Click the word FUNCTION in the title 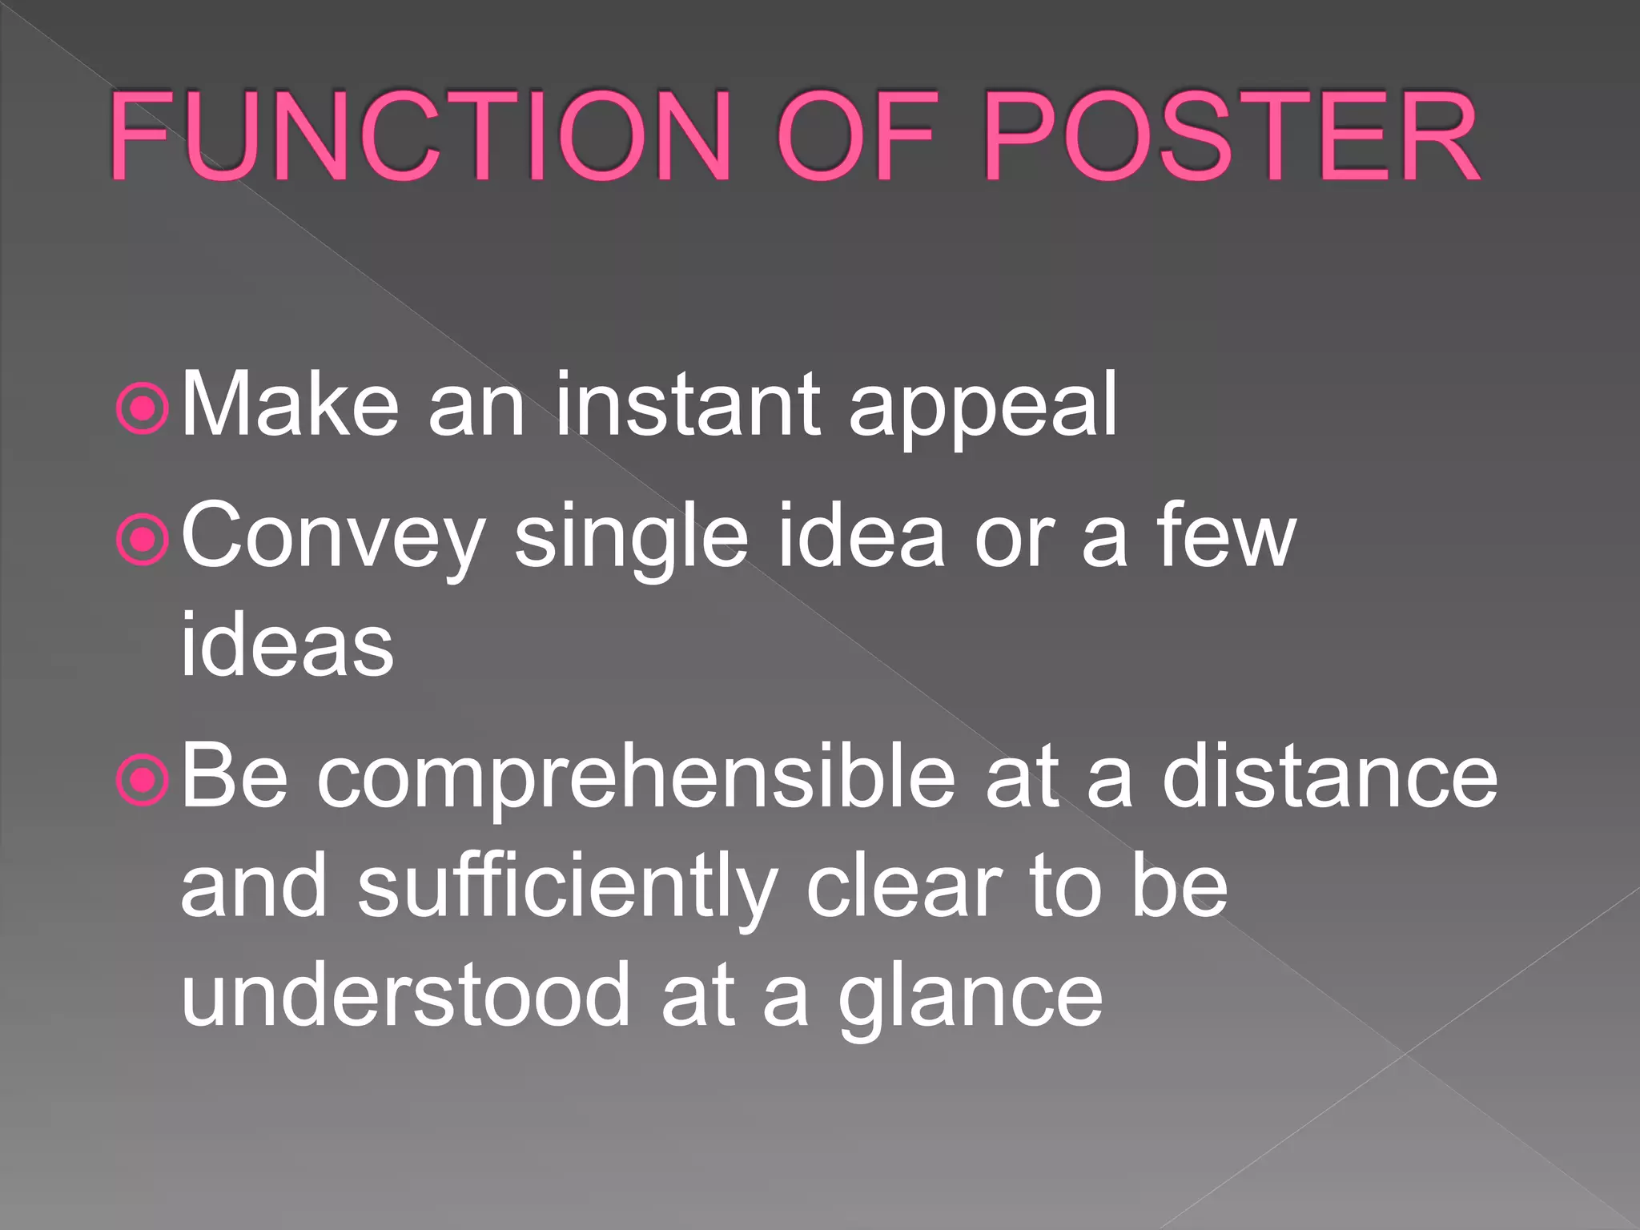420,136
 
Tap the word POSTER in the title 1231,136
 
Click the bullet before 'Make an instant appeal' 143,409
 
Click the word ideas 287,645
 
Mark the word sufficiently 567,889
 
